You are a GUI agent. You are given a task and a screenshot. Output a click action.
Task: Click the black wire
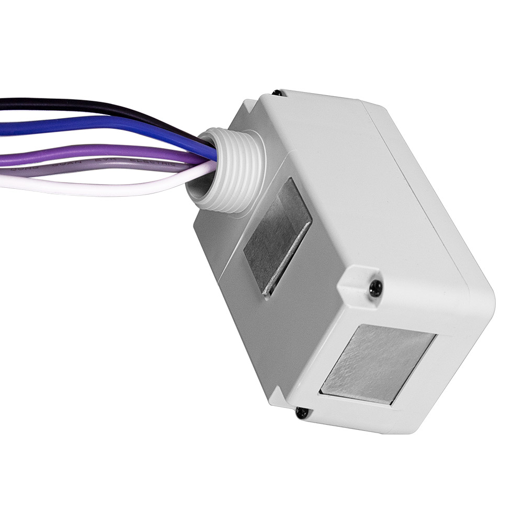pyautogui.click(x=78, y=105)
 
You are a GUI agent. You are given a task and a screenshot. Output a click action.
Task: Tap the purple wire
pyautogui.click(x=78, y=155)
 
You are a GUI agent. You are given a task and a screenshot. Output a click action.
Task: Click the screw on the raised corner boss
pyautogui.click(x=375, y=287)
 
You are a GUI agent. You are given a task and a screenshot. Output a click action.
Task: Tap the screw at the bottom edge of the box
pyautogui.click(x=302, y=413)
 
